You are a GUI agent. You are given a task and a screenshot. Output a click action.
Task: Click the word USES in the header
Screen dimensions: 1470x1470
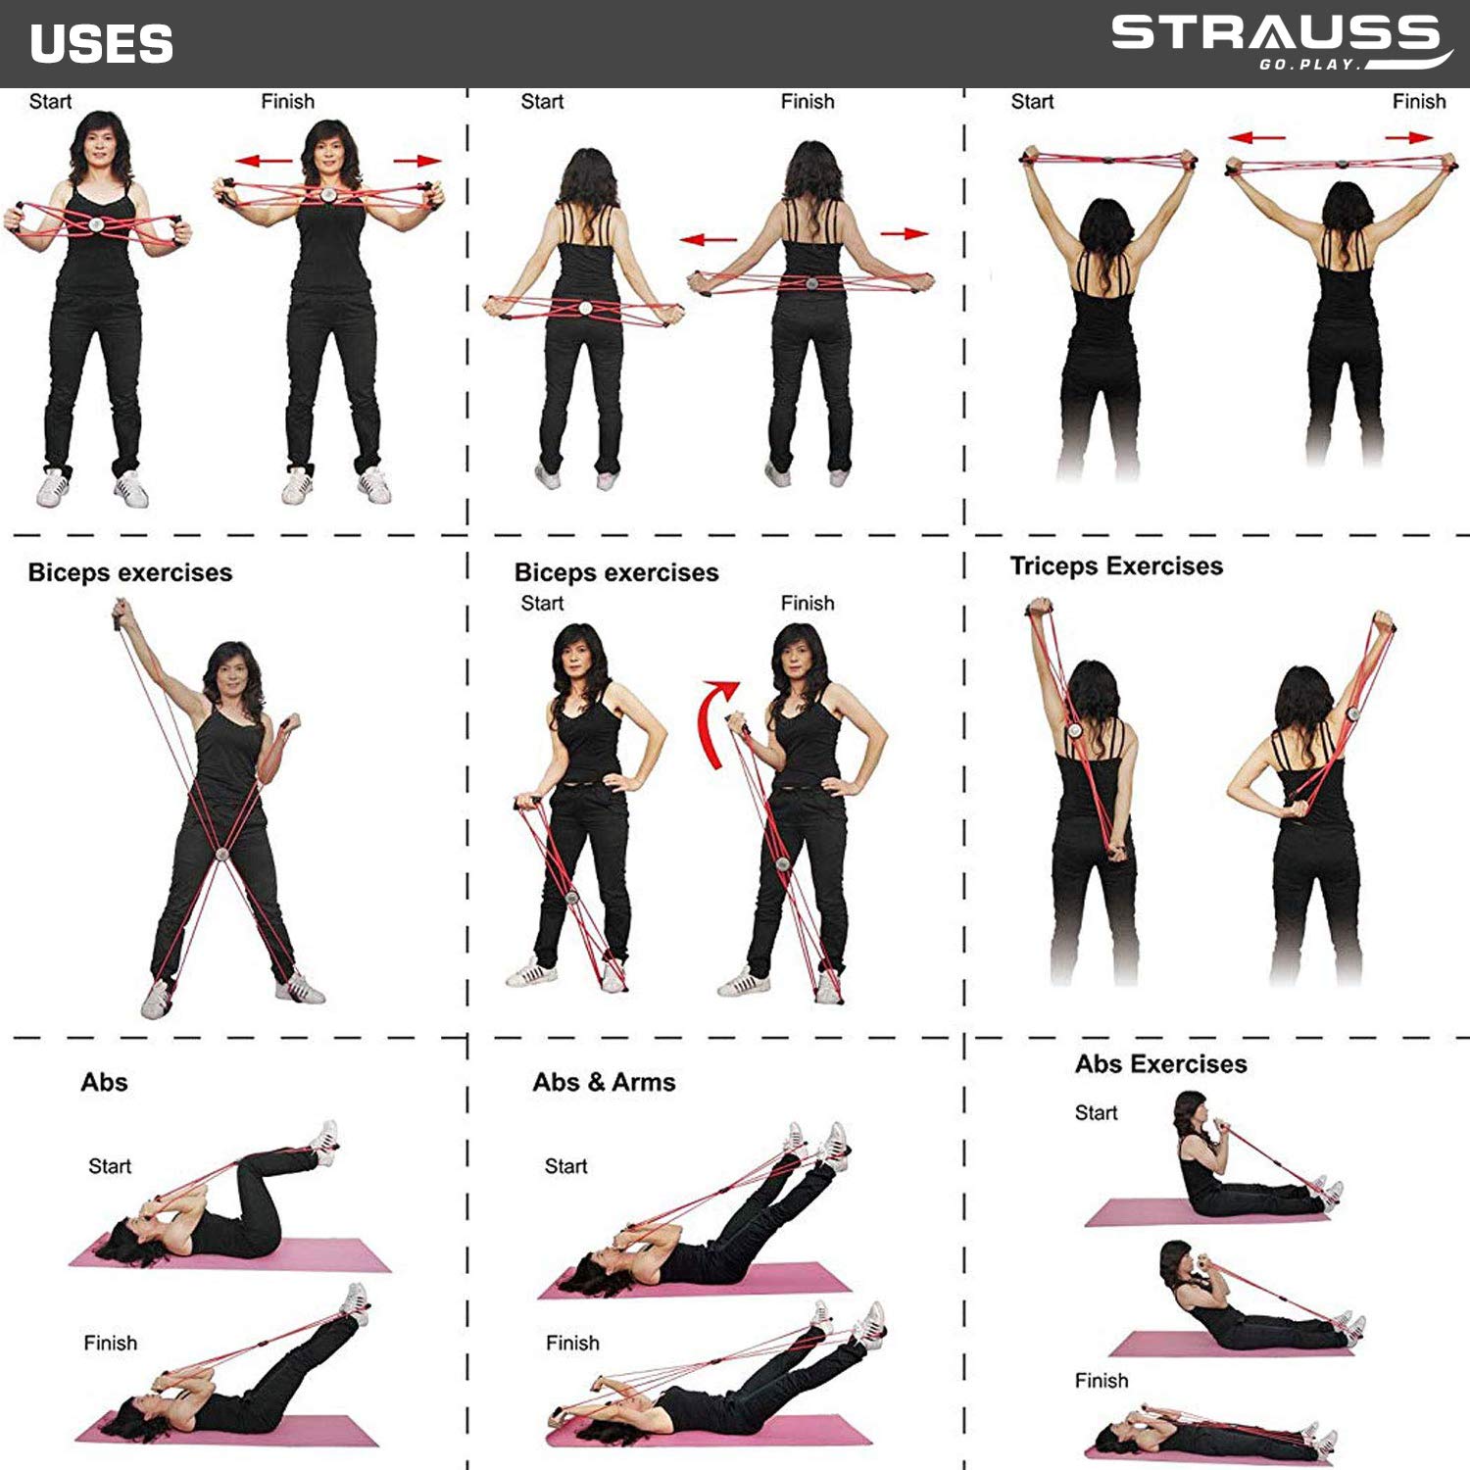click(x=102, y=44)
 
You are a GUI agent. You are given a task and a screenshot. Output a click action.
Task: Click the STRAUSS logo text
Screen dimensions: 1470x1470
click(x=1274, y=33)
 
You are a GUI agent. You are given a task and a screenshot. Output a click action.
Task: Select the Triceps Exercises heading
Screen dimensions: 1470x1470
click(x=1116, y=566)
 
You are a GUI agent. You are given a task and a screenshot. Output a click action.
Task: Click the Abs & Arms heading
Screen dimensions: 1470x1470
click(x=604, y=1082)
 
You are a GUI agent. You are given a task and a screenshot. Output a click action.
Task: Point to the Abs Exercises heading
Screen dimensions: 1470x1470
click(x=1160, y=1064)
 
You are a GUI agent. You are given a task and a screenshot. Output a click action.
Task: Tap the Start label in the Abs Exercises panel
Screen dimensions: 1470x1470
click(x=1096, y=1113)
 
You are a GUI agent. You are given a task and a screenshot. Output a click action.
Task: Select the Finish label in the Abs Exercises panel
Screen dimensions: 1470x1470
click(x=1102, y=1381)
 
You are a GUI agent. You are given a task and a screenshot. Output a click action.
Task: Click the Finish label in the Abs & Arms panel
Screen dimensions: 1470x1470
click(x=572, y=1343)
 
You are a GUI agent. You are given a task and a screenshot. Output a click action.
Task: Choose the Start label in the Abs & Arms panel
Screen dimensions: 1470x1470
click(x=565, y=1166)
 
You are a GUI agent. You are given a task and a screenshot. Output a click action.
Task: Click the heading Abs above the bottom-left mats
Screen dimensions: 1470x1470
click(x=104, y=1082)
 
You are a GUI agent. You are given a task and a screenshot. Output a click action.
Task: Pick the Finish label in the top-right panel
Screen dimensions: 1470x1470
click(x=1418, y=101)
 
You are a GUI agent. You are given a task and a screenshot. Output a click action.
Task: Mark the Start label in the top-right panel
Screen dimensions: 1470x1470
click(x=1032, y=101)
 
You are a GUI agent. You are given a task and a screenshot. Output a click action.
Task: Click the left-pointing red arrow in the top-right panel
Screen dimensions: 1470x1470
click(x=1256, y=138)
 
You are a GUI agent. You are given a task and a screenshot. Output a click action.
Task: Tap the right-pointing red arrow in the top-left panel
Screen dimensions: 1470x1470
click(x=416, y=161)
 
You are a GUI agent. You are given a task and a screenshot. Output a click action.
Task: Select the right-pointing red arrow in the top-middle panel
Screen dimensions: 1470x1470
click(x=904, y=233)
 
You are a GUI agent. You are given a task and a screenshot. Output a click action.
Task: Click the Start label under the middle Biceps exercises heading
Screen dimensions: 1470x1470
click(x=542, y=603)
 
